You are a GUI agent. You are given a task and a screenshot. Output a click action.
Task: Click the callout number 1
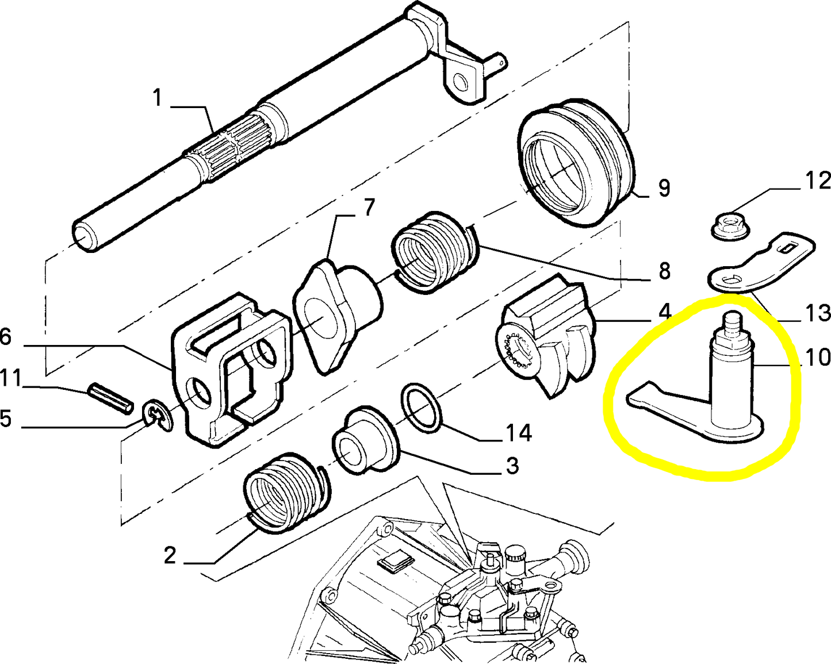coord(157,98)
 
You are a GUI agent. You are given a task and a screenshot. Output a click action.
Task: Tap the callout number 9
coord(664,189)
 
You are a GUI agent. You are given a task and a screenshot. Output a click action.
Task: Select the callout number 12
coord(817,181)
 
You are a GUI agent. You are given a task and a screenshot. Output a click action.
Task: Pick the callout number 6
coord(5,337)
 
